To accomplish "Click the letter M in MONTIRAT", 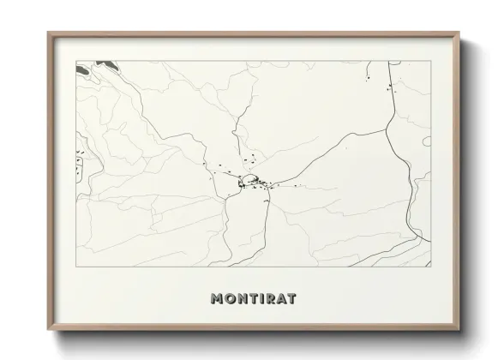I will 215,299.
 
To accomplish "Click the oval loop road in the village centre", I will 249,180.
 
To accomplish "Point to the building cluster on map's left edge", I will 81,162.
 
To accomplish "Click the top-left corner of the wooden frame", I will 48,33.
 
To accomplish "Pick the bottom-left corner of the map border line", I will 75,267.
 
